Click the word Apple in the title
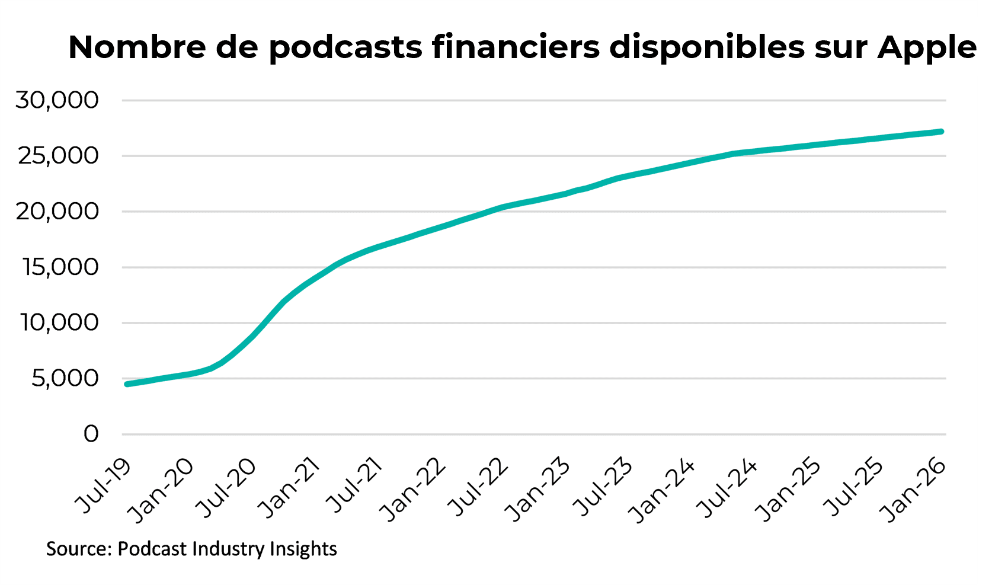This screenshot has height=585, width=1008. pos(927,47)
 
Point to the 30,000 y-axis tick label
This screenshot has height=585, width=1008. pos(57,100)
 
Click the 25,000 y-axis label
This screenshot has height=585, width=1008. pos(57,155)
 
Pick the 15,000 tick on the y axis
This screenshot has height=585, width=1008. pos(60,267)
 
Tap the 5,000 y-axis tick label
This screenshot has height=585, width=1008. pos(65,378)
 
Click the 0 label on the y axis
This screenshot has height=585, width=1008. pos(91,434)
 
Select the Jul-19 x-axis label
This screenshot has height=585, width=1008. pos(104,485)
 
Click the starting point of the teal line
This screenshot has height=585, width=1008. pos(127,384)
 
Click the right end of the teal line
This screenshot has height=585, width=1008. pos(941,131)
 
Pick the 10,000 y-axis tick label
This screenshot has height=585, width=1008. pos(59,322)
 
